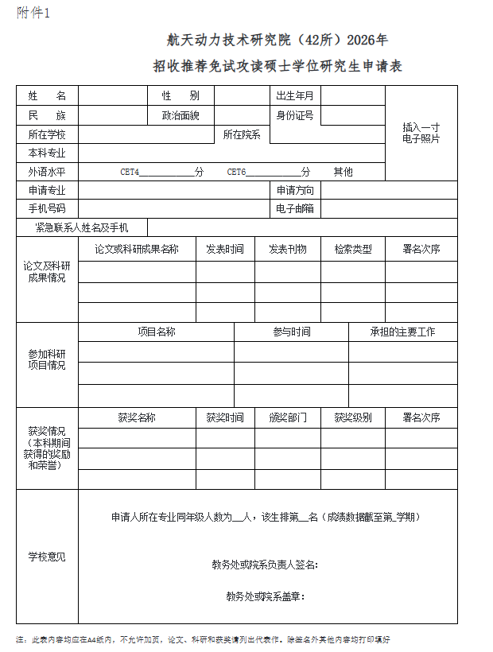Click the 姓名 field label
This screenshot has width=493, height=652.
(x=47, y=96)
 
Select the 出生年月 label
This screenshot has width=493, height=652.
(x=294, y=96)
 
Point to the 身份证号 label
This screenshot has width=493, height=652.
(x=294, y=115)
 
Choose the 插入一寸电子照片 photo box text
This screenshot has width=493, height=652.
(x=421, y=133)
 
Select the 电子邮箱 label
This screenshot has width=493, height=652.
(x=294, y=209)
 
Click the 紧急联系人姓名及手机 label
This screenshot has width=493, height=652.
(x=81, y=228)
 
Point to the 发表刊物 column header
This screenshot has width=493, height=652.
(x=287, y=249)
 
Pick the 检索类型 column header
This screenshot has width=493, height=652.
(x=352, y=249)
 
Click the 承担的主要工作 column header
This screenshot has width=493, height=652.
(x=402, y=332)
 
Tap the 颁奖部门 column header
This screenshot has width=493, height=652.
(x=287, y=417)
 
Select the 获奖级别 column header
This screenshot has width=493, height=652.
(x=352, y=417)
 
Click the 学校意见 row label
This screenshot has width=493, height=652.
(x=47, y=557)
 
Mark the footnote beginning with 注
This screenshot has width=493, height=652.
(x=203, y=639)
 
